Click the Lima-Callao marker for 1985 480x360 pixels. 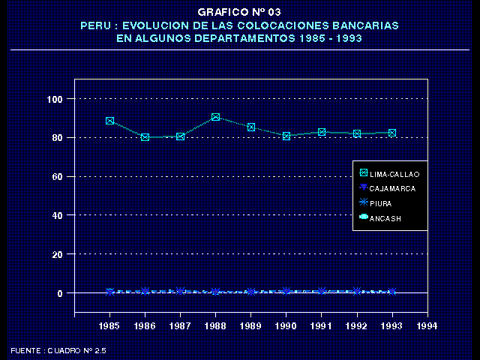click(x=109, y=121)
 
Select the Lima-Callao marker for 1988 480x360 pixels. click(x=215, y=117)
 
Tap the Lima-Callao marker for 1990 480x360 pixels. click(x=286, y=136)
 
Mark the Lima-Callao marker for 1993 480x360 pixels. click(x=391, y=133)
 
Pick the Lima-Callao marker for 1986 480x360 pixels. click(x=145, y=137)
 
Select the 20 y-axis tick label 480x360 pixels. click(x=57, y=255)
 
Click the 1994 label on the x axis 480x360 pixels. click(x=427, y=326)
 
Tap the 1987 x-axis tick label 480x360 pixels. click(x=180, y=326)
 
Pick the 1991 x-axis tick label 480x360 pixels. click(x=321, y=326)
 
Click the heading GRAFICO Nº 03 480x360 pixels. click(x=239, y=13)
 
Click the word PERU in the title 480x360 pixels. click(x=94, y=25)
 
